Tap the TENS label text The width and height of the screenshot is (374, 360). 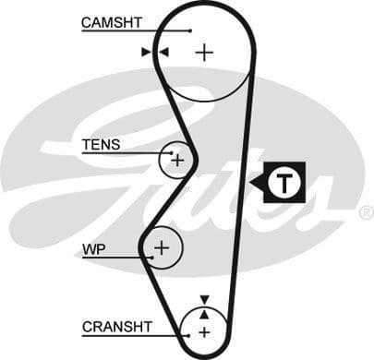(101, 145)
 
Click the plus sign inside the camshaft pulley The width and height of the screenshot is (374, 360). (204, 53)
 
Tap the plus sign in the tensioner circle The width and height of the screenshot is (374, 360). (177, 161)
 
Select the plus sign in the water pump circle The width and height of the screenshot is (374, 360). (163, 246)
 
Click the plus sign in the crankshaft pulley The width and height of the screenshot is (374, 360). (204, 330)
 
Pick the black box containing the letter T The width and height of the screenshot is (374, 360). (284, 183)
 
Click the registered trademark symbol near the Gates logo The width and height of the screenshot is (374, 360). (365, 213)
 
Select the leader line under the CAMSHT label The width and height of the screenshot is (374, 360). (139, 31)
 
